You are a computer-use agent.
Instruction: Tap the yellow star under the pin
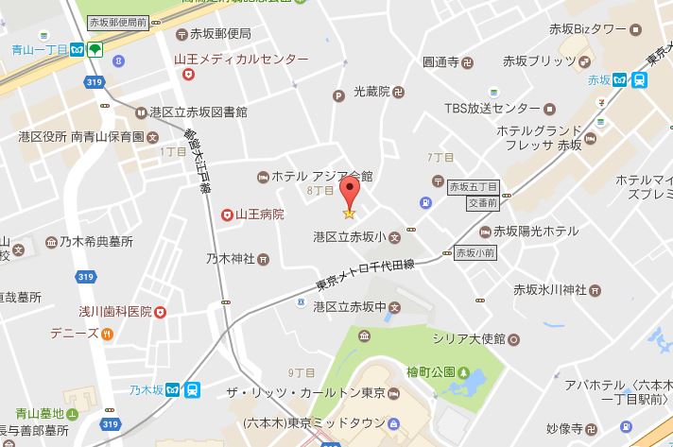pos(350,215)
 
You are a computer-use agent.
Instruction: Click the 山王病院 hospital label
pos(259,215)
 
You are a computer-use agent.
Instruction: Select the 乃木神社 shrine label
pos(232,257)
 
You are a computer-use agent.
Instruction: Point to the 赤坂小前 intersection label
pos(475,253)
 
